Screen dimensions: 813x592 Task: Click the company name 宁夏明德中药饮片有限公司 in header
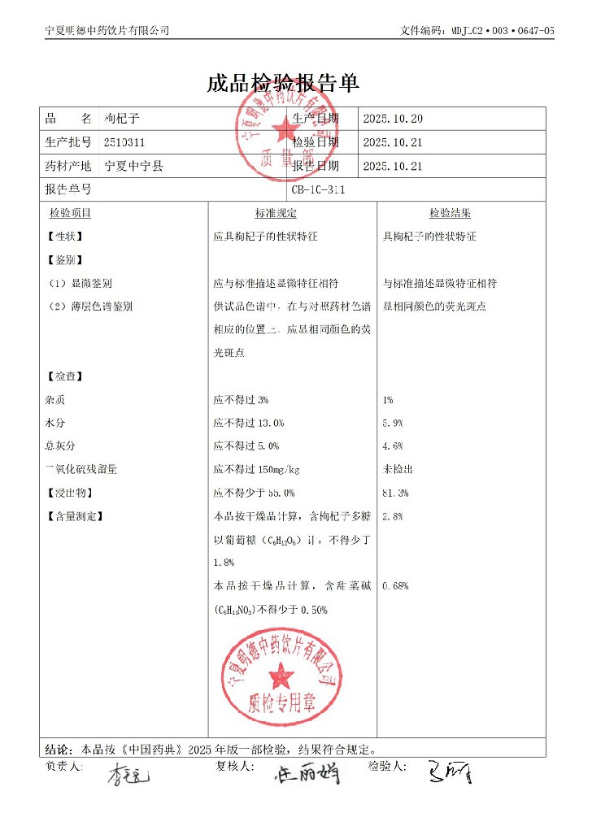pos(107,30)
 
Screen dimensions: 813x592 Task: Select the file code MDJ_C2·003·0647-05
pos(502,30)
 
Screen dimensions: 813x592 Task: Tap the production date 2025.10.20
pos(393,119)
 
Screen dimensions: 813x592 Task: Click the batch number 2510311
pos(124,142)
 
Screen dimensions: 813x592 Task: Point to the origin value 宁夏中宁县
pos(135,166)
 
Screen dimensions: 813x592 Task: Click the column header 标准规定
pos(276,214)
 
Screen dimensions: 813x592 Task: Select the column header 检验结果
pos(450,214)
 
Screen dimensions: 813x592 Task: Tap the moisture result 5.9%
pos(392,424)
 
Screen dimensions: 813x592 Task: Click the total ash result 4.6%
pos(392,446)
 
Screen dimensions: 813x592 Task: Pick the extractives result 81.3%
pos(394,493)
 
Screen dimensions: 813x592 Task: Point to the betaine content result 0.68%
pos(394,586)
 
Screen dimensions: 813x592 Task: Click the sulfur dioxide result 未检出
pos(398,470)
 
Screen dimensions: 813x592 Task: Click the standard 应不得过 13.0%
pos(248,424)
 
